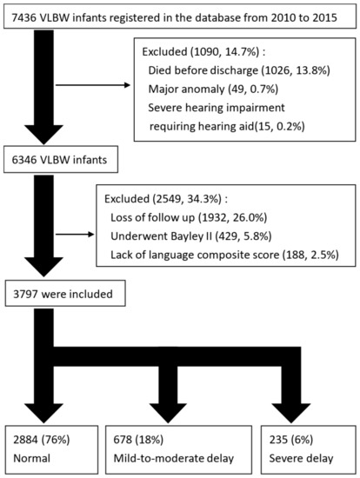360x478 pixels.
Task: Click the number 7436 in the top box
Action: [23, 16]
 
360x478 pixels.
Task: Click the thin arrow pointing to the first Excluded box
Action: [103, 85]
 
